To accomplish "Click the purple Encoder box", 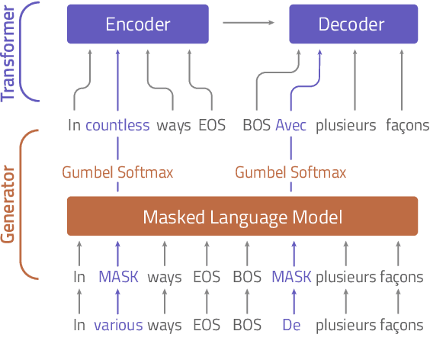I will click(x=137, y=24).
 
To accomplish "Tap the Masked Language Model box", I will click(x=242, y=217).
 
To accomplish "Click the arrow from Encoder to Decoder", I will click(x=249, y=23).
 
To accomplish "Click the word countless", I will click(x=117, y=126).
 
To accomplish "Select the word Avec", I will click(x=291, y=126).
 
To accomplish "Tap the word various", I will click(x=118, y=326).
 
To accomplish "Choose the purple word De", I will click(x=291, y=326).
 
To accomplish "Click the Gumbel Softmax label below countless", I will click(x=117, y=172).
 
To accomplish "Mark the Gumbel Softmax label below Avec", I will click(x=290, y=172).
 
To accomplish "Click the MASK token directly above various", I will click(x=118, y=277).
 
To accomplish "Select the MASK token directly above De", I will click(x=292, y=277).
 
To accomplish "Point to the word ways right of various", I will click(x=165, y=326).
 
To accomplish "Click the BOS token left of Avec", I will click(x=256, y=126).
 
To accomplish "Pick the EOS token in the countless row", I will click(x=211, y=126).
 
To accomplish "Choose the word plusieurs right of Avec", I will click(x=345, y=126).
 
